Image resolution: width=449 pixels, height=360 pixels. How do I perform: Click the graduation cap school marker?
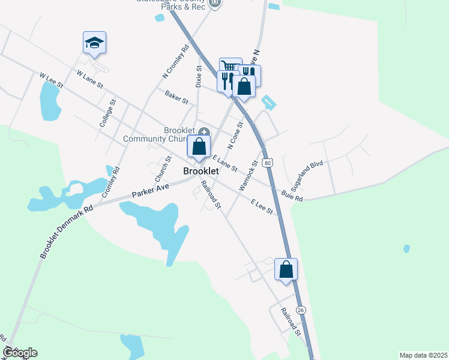point(94,43)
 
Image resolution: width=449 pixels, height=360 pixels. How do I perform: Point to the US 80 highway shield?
point(268,163)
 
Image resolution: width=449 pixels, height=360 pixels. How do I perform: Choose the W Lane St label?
point(91,80)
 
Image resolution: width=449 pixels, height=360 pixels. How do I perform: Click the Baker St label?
point(176,97)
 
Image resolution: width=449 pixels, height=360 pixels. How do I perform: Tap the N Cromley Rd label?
point(175,62)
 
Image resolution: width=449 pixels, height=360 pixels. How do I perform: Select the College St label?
point(106,114)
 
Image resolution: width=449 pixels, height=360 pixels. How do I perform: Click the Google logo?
point(20,353)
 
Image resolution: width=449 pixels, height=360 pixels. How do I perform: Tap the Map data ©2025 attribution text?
point(423,355)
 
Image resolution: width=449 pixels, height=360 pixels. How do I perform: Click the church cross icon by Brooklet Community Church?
point(204,131)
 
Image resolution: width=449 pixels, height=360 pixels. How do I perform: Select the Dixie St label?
point(198,78)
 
